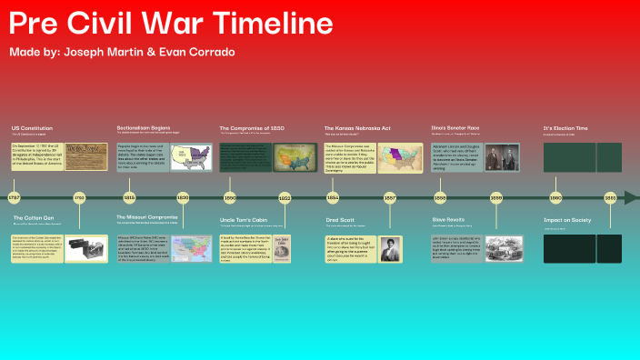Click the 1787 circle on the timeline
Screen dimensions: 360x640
point(14,197)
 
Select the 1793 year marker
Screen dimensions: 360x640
point(79,197)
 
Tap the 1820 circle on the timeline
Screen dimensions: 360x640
point(183,197)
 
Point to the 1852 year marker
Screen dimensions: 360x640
point(285,197)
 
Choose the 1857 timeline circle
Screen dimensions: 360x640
point(390,197)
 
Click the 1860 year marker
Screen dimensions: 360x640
point(556,197)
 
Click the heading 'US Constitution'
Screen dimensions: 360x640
point(33,128)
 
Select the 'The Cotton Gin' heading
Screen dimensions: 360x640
point(34,218)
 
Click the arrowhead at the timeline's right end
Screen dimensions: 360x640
point(635,197)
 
